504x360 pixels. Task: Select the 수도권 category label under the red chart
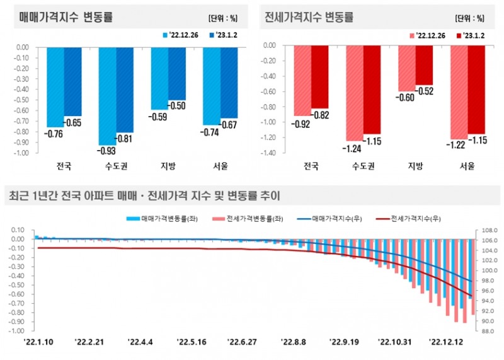point(362,167)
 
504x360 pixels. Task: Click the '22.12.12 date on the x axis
point(448,342)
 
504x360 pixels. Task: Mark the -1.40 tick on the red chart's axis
point(270,153)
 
